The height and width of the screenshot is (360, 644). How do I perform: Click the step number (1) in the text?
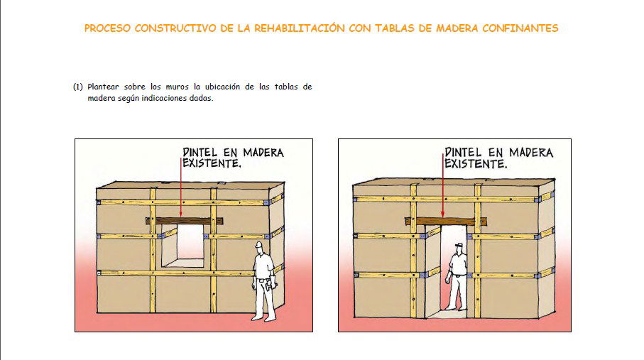pyautogui.click(x=78, y=87)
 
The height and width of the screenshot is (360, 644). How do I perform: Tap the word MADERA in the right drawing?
pyautogui.click(x=528, y=153)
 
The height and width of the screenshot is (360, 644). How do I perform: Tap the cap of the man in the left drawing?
pyautogui.click(x=260, y=245)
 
